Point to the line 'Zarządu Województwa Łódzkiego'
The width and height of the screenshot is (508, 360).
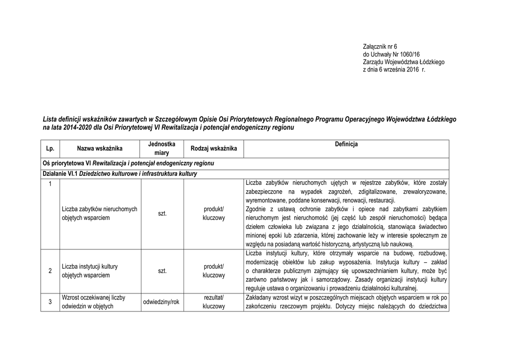pos(404,62)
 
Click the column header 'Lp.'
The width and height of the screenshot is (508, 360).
pos(50,148)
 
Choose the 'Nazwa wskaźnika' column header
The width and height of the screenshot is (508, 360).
pos(100,148)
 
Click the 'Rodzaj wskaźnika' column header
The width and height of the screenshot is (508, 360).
pos(214,148)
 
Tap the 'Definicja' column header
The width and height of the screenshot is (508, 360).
pos(346,144)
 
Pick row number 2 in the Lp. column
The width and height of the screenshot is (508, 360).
pos(50,271)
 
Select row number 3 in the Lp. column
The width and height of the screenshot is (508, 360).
pos(50,302)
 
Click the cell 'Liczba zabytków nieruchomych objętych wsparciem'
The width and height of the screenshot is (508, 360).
pos(100,214)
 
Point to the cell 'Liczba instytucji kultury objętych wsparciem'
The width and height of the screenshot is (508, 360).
pos(90,271)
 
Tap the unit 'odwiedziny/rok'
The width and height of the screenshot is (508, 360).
pos(162,302)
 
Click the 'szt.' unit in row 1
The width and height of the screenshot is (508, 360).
pos(162,214)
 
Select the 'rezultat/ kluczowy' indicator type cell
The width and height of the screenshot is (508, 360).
pos(214,302)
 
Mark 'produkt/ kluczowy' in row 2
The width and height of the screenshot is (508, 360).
pos(214,271)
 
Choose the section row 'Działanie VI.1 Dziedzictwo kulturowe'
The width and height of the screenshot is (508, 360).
pos(120,174)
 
